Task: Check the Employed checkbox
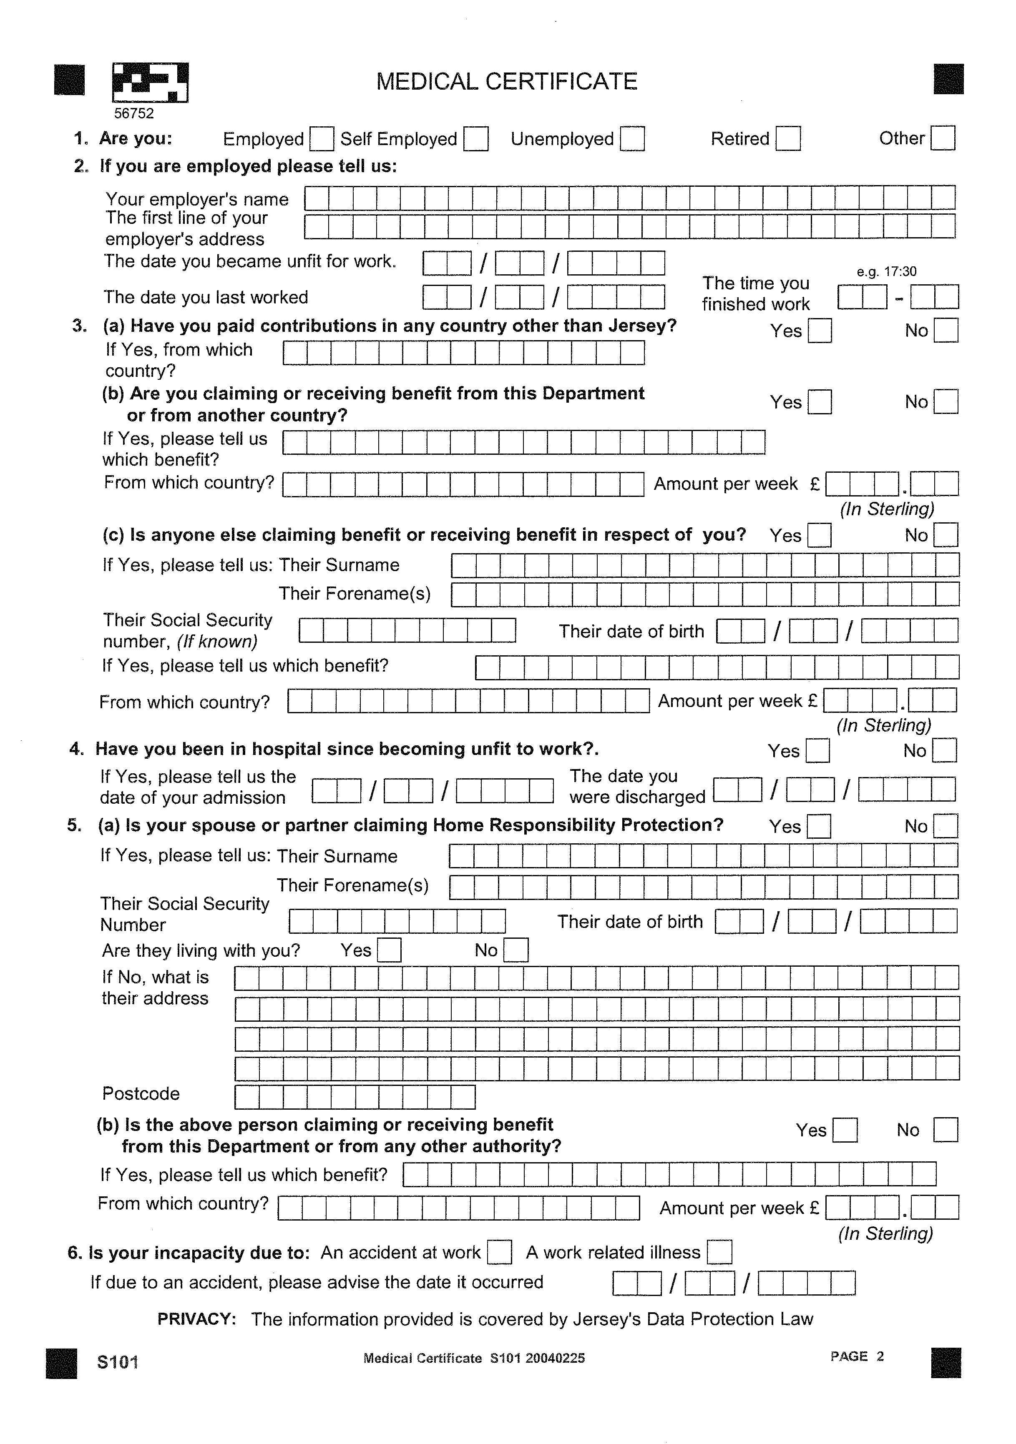[x=322, y=138]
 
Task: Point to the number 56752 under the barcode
[x=133, y=113]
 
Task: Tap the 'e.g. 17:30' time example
[x=886, y=272]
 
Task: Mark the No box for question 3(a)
[x=946, y=330]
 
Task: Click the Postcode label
[x=141, y=1094]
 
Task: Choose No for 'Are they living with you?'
[x=516, y=950]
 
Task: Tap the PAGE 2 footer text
[x=857, y=1356]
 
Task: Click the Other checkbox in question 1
[x=943, y=138]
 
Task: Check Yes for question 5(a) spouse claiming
[x=818, y=826]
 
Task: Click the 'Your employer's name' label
[x=197, y=199]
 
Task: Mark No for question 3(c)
[x=946, y=535]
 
